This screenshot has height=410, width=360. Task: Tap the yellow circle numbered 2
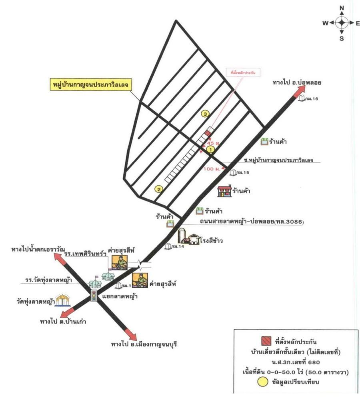(159, 189)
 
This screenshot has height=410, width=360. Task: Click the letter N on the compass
(342, 8)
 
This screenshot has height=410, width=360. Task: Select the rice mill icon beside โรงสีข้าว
(188, 237)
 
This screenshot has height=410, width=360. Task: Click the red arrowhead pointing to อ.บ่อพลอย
(299, 92)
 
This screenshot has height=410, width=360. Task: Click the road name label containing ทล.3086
(250, 221)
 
